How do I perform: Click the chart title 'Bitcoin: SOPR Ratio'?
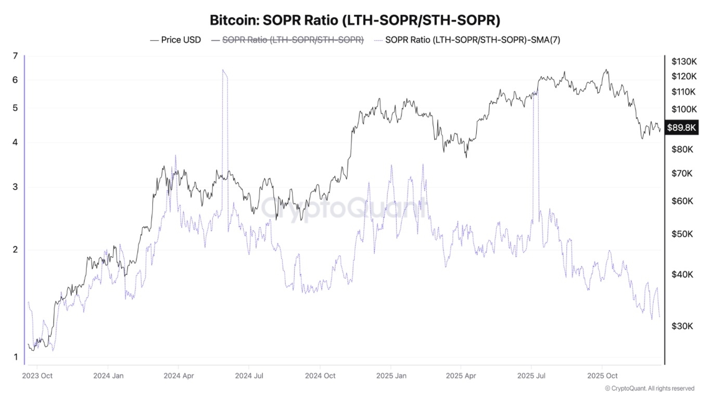[355, 20]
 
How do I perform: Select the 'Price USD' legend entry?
[175, 40]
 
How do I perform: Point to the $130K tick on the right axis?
[684, 61]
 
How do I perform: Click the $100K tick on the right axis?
[684, 109]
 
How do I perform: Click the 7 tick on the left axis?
[15, 56]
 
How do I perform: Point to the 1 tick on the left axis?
[15, 357]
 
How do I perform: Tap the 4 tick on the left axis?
[15, 143]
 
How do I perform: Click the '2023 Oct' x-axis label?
[37, 375]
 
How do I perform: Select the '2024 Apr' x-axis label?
[179, 375]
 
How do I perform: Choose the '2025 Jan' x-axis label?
[390, 375]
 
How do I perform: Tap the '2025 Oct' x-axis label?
[602, 375]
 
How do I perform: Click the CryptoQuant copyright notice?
[650, 388]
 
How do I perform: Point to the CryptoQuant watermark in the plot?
[344, 208]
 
